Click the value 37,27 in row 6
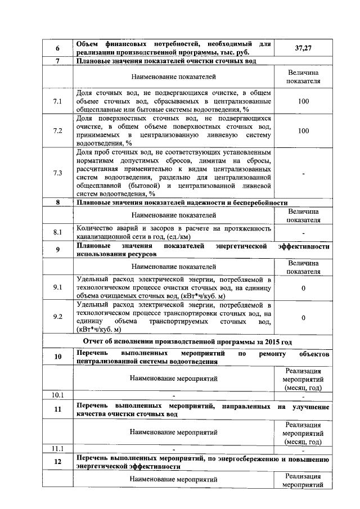coord(303,48)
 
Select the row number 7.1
coord(57,102)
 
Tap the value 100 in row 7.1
coord(303,102)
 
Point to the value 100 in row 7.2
coord(303,130)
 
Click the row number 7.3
coord(57,173)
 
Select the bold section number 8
coord(57,202)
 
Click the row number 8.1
coord(57,232)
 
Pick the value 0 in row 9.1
coord(303,288)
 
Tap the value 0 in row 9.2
coord(303,318)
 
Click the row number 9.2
coord(57,317)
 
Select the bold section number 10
coord(57,357)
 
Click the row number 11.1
coord(57,449)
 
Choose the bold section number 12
coord(57,462)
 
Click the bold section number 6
coord(57,48)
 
